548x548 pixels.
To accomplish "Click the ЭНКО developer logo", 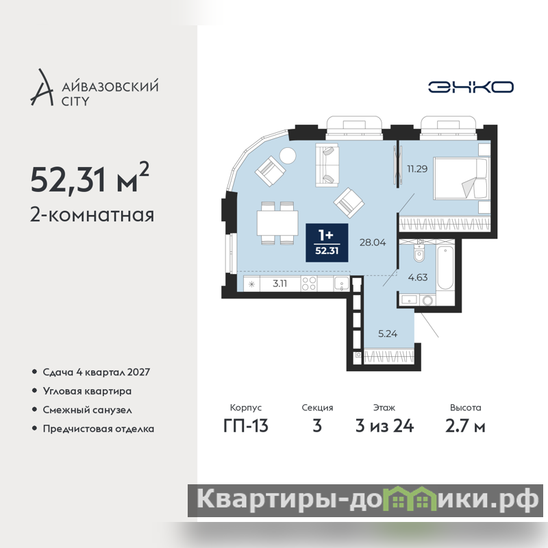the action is coord(471,87).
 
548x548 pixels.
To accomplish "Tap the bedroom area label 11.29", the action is coord(417,169).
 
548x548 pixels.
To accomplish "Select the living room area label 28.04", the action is coord(373,242).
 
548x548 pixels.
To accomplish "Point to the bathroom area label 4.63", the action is coord(418,277).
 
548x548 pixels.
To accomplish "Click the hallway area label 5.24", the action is coord(388,334).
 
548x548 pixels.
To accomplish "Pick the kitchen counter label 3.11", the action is coord(279,284).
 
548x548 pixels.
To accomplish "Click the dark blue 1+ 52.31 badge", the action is coord(327,242).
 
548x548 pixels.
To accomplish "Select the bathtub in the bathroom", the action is coord(445,268).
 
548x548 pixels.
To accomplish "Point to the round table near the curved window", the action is coord(288,155).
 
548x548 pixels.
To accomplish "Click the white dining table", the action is coord(277,223).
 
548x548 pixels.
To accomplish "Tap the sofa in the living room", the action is coord(327,165).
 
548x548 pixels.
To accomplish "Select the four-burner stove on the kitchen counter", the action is coord(309,284).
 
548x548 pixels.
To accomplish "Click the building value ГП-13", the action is coord(246,426).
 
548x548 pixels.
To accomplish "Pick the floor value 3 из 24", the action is coord(384,426).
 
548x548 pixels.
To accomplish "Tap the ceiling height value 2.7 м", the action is coord(465,426).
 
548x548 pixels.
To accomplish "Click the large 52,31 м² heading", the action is coord(90,178).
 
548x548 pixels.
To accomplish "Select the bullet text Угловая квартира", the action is coord(87,391).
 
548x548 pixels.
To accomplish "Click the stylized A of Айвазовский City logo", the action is coord(42,88).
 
